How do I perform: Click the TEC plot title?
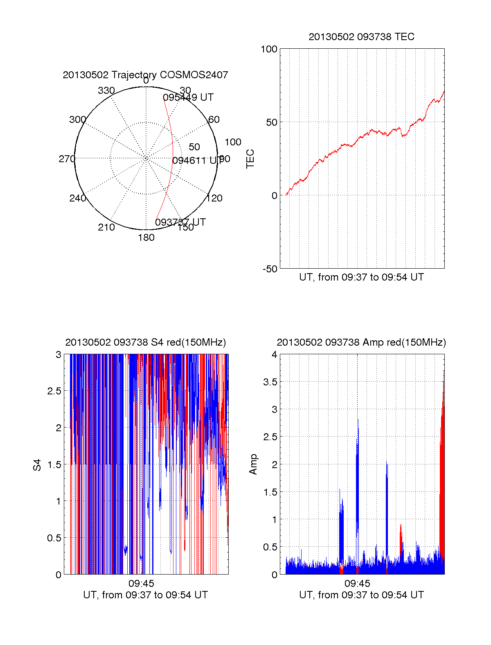point(361,37)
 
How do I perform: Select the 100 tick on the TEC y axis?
point(269,49)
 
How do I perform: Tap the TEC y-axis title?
point(250,159)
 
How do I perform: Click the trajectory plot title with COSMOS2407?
point(145,75)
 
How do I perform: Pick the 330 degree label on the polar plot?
point(106,91)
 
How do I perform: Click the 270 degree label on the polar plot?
point(67,159)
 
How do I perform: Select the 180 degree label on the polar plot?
point(146,238)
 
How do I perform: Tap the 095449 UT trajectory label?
point(188,97)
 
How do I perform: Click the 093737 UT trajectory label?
point(180,222)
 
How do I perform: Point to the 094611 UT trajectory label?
point(196,161)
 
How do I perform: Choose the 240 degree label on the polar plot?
point(77,198)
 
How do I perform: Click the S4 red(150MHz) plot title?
point(145,342)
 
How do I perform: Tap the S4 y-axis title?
point(37,465)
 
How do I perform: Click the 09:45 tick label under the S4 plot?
point(141,583)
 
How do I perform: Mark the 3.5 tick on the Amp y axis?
point(269,382)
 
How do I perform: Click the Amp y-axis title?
point(253,464)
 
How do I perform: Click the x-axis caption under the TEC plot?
point(361,277)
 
